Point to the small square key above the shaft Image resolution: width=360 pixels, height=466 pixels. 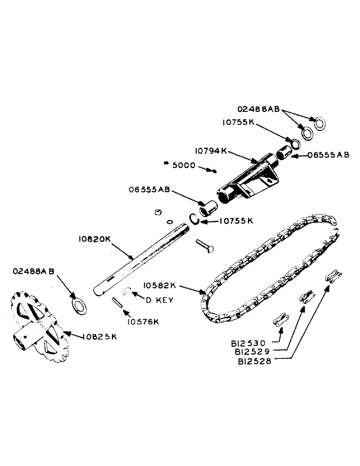(158, 212)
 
